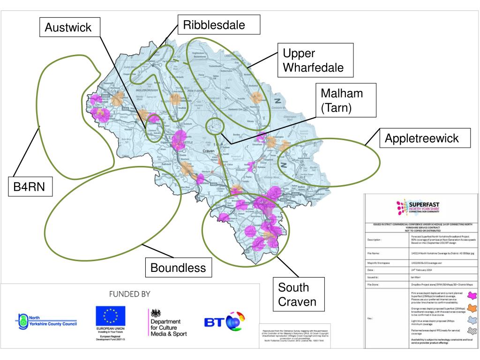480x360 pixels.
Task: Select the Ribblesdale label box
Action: [218, 24]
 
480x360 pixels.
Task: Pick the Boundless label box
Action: [178, 268]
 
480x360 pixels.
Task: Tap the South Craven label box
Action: [297, 294]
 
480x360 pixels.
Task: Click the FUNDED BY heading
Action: [129, 294]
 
